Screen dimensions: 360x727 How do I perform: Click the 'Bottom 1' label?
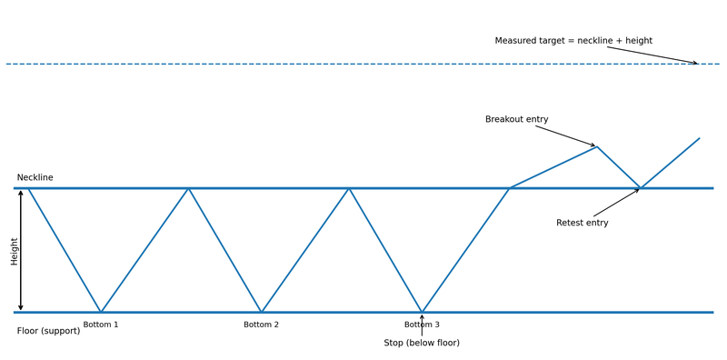point(101,325)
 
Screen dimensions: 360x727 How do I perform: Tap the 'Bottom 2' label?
point(261,325)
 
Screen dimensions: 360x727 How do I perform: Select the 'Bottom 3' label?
point(422,325)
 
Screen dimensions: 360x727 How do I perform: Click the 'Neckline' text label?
point(35,177)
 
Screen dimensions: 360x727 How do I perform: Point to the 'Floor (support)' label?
point(48,331)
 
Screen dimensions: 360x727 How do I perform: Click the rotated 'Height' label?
point(14,251)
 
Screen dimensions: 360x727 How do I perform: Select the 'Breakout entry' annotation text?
point(516,119)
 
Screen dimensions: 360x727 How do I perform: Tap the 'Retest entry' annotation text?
point(582,223)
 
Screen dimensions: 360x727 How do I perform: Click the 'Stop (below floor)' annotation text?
point(422,343)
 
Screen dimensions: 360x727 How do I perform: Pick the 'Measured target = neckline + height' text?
point(573,41)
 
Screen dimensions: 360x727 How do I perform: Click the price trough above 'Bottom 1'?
point(101,312)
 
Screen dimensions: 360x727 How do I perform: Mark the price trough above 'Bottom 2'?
point(261,312)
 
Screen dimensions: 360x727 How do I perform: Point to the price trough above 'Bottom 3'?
point(422,312)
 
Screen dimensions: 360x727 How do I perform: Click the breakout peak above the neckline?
point(597,146)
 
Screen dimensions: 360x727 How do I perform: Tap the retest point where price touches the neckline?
point(641,188)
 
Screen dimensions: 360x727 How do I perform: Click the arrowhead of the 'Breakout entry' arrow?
point(595,145)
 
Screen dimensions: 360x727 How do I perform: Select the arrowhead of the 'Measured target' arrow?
point(696,64)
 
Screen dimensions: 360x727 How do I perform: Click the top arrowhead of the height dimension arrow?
point(21,191)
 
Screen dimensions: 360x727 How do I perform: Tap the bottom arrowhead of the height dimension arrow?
point(21,309)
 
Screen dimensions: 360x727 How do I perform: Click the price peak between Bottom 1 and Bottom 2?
point(188,188)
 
